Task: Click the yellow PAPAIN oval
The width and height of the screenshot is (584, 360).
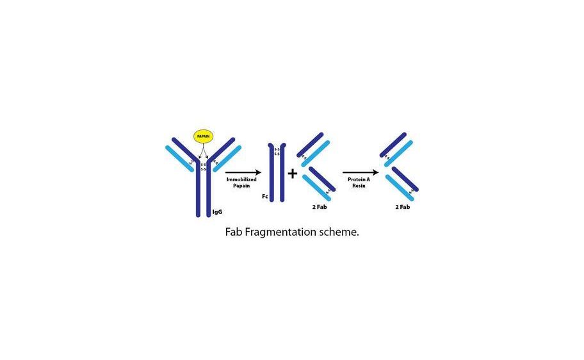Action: tap(203, 136)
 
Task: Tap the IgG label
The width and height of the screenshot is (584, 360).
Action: tap(217, 211)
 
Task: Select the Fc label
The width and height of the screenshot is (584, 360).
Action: tap(264, 197)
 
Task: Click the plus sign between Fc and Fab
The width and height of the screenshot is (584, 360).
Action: tap(292, 173)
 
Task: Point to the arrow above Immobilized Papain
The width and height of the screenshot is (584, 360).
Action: tap(243, 172)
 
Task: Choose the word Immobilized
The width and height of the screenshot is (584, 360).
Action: tap(241, 180)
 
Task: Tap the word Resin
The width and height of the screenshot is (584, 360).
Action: tap(358, 186)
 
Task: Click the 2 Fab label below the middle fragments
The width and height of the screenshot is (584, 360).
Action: tap(318, 208)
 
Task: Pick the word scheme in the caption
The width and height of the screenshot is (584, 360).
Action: tap(338, 232)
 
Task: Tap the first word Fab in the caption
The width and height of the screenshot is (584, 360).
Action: tap(233, 232)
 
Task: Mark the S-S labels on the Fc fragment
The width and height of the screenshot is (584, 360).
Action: tap(277, 152)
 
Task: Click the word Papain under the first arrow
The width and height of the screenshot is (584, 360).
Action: tap(241, 186)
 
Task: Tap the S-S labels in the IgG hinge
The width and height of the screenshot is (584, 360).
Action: tap(203, 167)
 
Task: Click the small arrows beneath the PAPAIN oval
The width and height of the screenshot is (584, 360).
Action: tap(203, 151)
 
